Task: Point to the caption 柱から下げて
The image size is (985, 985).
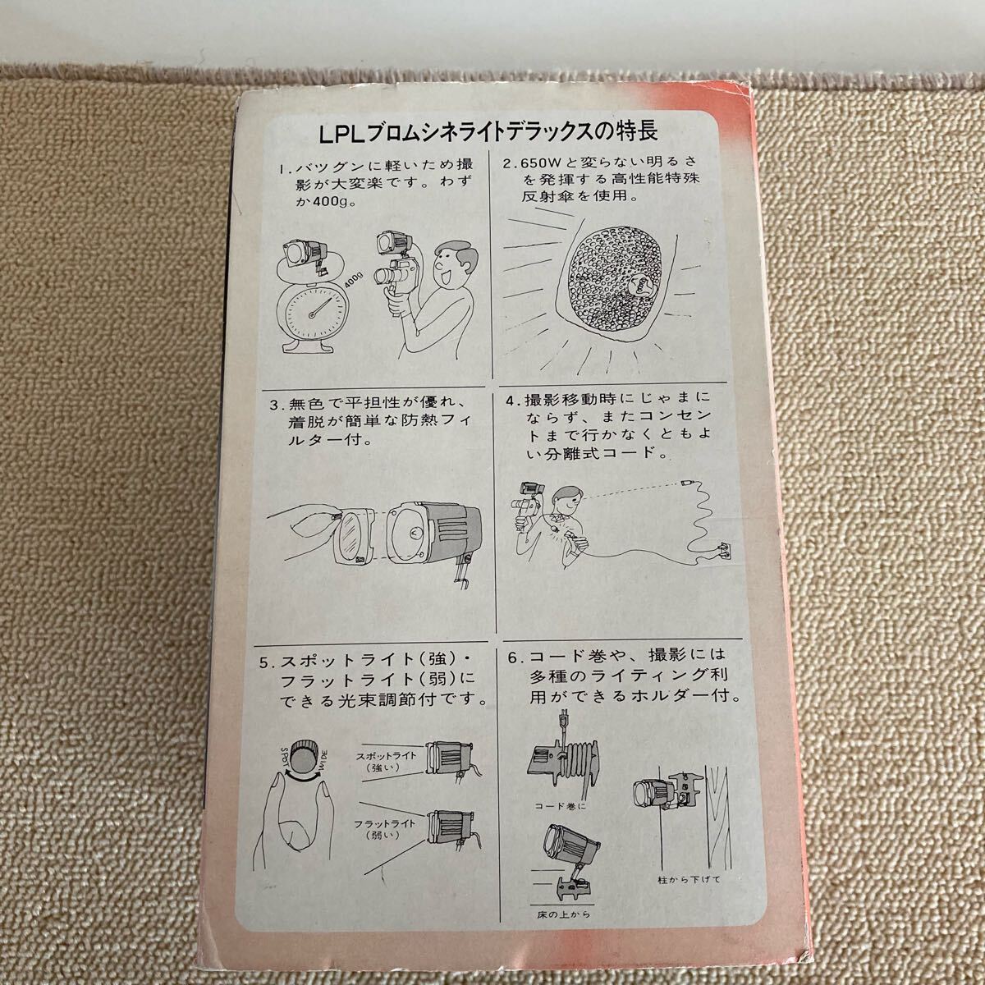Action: point(680,879)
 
